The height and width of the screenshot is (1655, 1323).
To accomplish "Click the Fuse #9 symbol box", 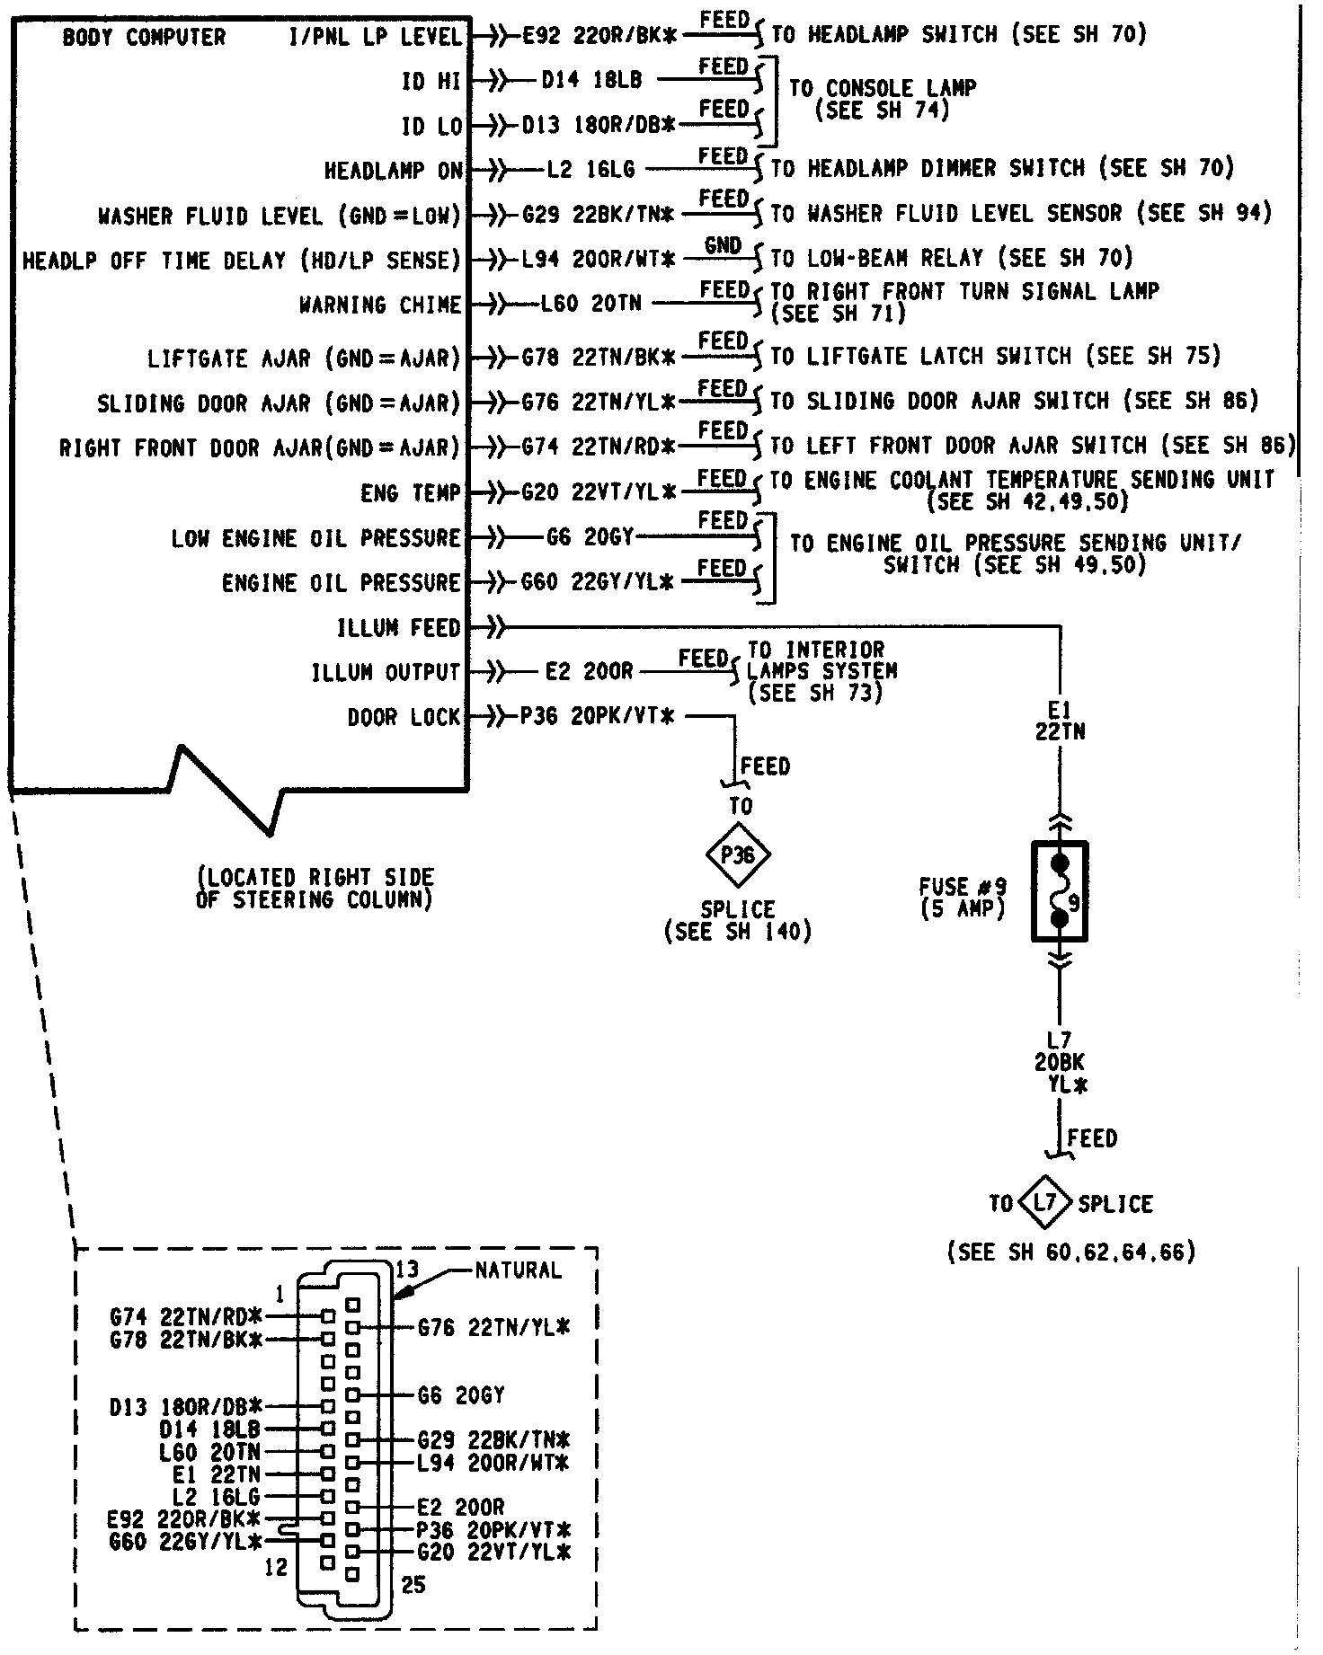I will (x=1060, y=891).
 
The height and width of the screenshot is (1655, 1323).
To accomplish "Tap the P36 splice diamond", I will (x=738, y=855).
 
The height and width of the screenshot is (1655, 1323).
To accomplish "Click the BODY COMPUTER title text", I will (x=144, y=38).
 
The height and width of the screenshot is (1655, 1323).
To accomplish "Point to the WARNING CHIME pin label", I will (x=380, y=305).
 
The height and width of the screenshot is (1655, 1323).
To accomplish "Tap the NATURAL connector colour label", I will (x=518, y=1270).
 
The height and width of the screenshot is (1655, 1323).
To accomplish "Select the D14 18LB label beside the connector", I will (x=209, y=1429).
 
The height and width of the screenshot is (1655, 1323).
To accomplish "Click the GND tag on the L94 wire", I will (x=723, y=245).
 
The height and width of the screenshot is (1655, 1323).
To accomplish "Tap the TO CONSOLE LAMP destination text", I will (x=883, y=99).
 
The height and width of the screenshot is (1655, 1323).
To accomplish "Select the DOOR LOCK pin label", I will (x=404, y=717).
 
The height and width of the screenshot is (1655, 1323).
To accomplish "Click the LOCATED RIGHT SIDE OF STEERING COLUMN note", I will (x=315, y=888).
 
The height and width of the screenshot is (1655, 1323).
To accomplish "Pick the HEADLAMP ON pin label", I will (x=393, y=171).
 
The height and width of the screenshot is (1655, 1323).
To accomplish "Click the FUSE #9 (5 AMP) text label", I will (x=963, y=897).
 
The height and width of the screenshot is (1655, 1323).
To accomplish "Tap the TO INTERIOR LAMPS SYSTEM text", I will (x=821, y=670).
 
